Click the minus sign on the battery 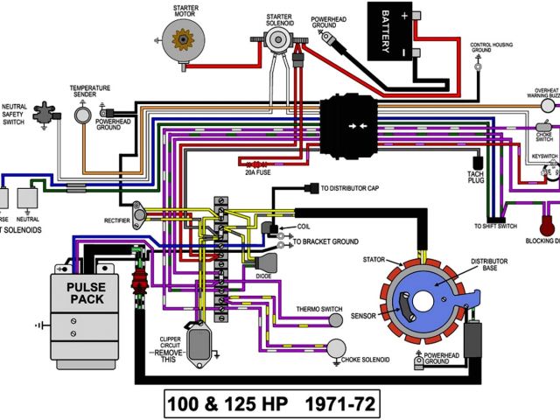pos(404,51)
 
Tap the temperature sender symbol pos(84,114)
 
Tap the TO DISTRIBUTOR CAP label pos(355,187)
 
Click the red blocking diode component pos(549,213)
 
